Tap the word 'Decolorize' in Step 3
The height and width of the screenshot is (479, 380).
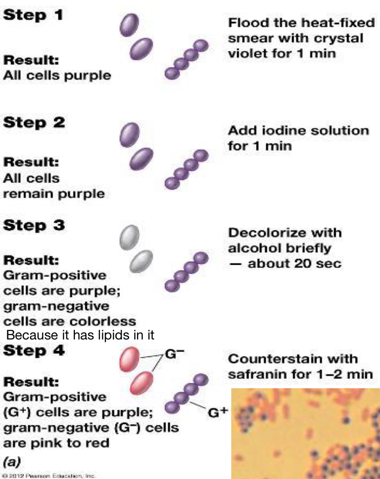click(x=262, y=233)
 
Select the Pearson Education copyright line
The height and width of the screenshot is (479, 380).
click(x=48, y=475)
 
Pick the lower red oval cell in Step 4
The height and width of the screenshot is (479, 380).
click(x=142, y=383)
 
